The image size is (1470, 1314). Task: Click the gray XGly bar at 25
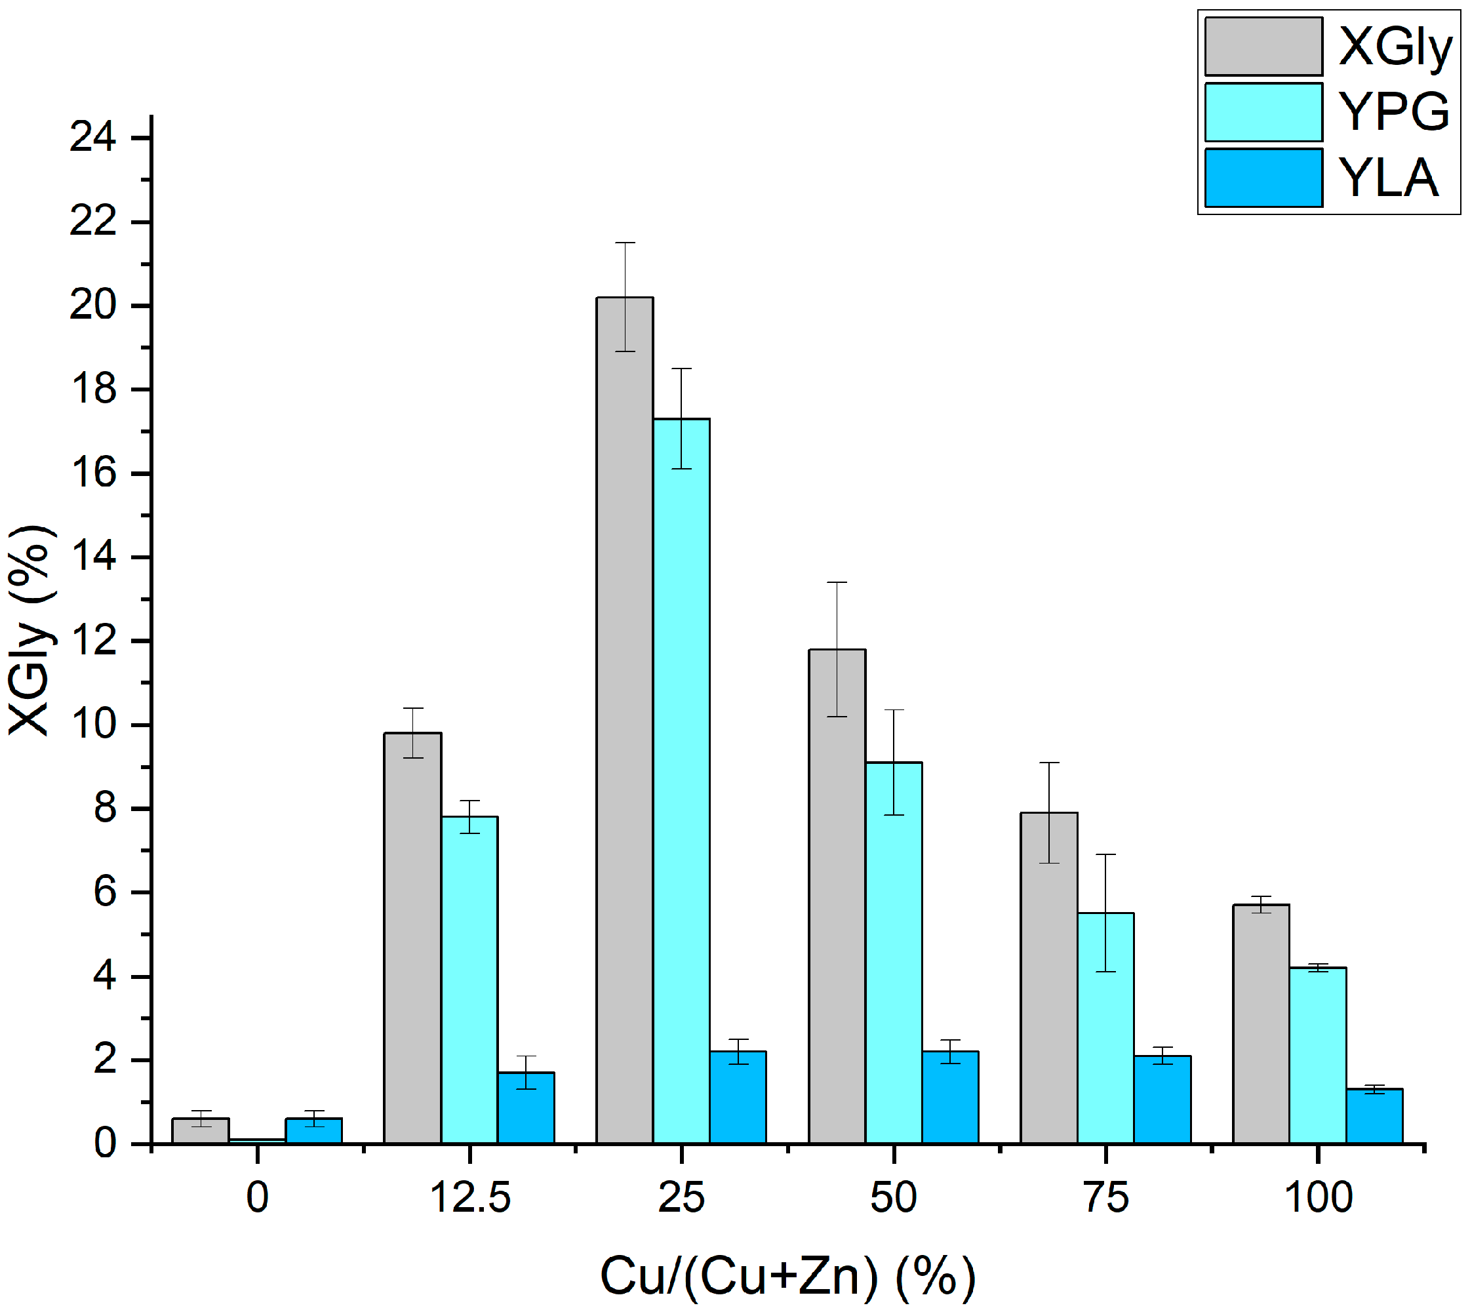(625, 722)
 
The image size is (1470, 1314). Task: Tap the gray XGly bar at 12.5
(412, 938)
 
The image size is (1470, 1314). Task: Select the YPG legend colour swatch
(1263, 113)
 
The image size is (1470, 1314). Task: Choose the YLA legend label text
(1387, 178)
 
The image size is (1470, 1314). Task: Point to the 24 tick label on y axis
(92, 137)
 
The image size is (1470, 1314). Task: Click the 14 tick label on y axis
(92, 557)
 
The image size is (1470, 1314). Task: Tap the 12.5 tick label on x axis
(470, 1198)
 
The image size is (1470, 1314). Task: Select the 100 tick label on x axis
(1318, 1198)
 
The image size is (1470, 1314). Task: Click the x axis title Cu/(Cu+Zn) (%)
(787, 1277)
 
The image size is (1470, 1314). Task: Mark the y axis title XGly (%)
(30, 629)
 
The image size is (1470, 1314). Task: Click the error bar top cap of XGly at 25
(625, 243)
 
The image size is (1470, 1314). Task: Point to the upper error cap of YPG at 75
(1105, 855)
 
